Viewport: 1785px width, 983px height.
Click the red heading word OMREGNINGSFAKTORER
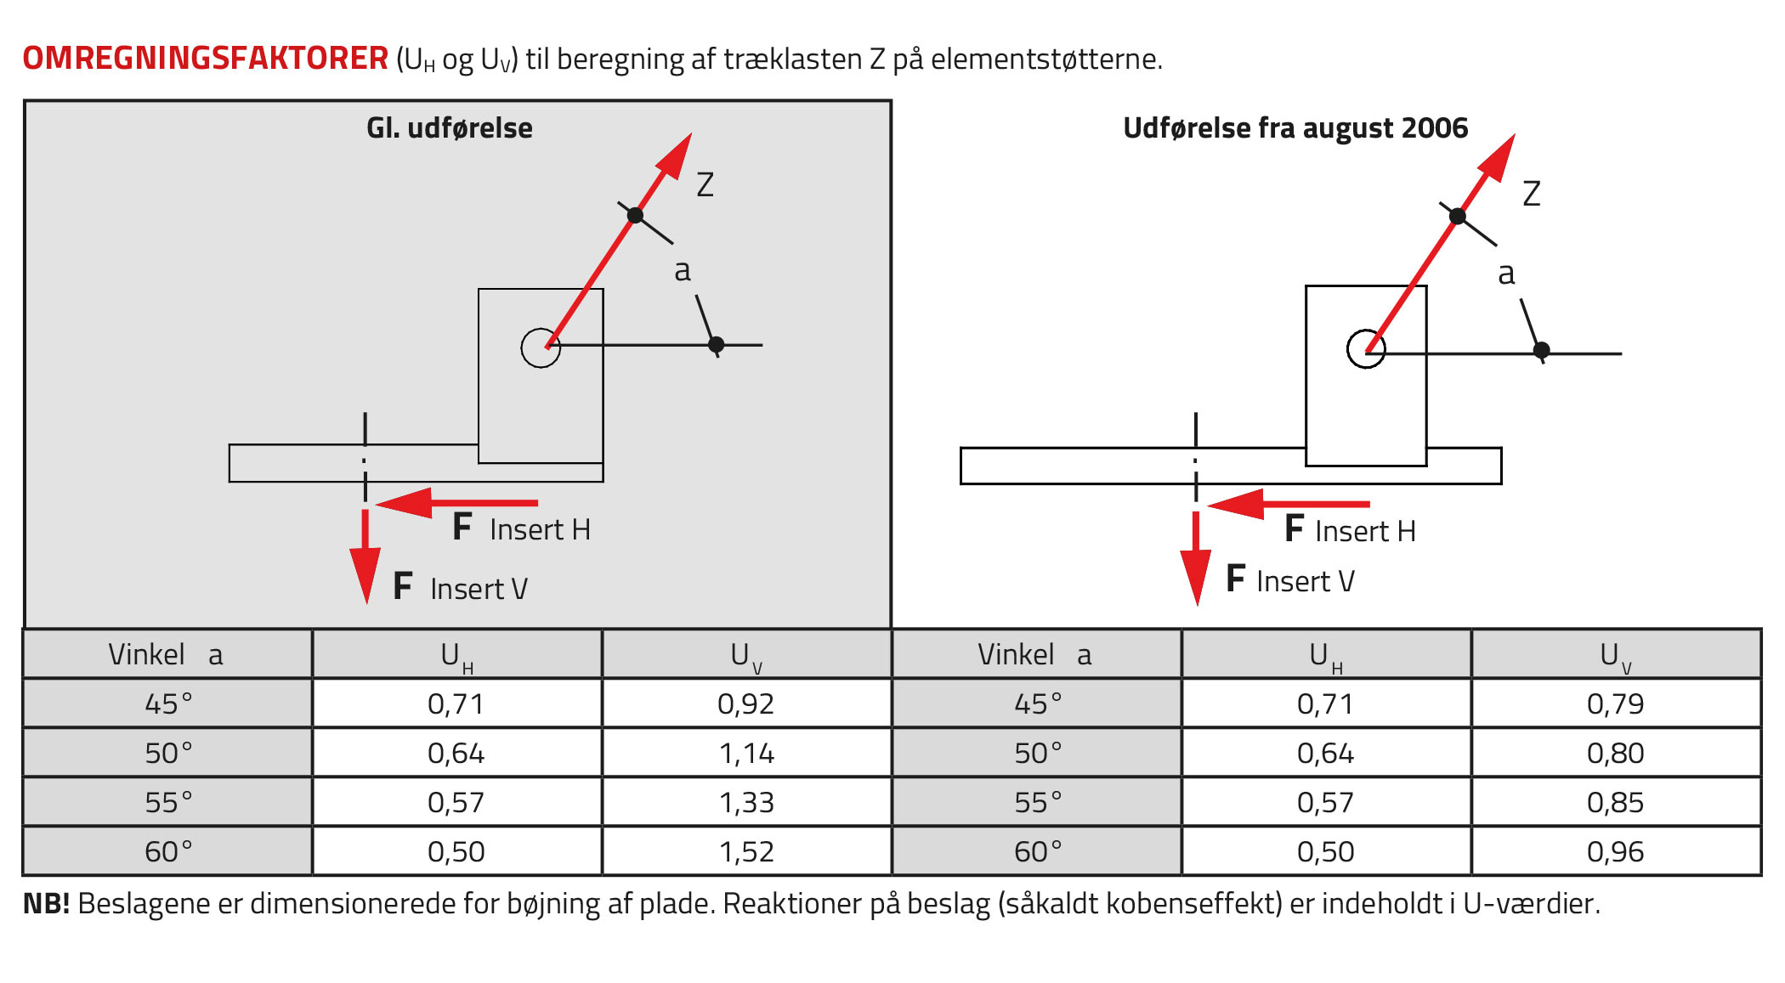[205, 58]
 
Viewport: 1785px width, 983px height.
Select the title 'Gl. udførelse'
[450, 127]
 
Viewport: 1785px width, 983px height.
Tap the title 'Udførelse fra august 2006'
[1295, 127]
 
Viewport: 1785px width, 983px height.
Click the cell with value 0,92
[745, 703]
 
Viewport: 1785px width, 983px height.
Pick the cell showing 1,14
[745, 753]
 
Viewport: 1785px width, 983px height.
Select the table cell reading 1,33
[745, 802]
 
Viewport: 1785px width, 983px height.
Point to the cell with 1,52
[745, 851]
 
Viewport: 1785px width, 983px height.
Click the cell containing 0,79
[1615, 703]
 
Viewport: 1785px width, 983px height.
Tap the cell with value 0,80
[1615, 753]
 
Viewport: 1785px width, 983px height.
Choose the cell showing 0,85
[1615, 802]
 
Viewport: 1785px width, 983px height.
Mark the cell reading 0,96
[1615, 851]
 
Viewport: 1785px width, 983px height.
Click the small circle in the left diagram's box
[541, 329]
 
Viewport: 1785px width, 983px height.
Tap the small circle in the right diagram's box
[1366, 330]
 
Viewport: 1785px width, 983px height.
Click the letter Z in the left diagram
[705, 184]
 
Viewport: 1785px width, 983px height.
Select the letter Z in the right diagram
[1531, 194]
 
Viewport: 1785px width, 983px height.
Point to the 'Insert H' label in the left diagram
[540, 529]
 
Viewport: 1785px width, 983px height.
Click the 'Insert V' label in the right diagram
[1306, 581]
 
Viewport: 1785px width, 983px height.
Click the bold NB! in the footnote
[46, 903]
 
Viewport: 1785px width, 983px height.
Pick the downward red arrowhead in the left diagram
[365, 575]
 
